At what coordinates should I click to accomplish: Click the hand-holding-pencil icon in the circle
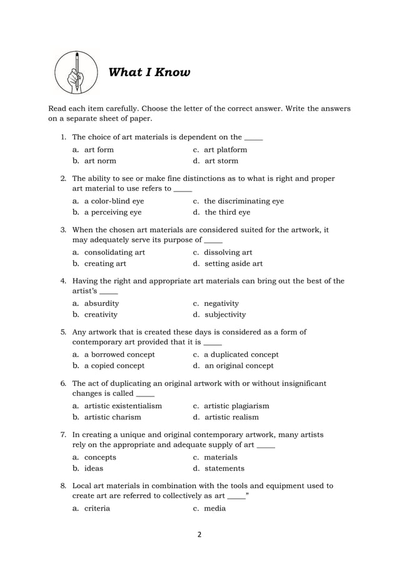pyautogui.click(x=76, y=72)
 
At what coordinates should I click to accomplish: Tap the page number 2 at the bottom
pyautogui.click(x=199, y=534)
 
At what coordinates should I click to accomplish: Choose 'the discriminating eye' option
pyautogui.click(x=243, y=201)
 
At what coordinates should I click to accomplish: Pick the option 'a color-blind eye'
pyautogui.click(x=114, y=201)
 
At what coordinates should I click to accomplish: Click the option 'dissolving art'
pyautogui.click(x=228, y=252)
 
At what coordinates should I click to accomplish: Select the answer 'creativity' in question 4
pyautogui.click(x=101, y=315)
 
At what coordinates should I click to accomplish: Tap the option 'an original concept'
pyautogui.click(x=238, y=366)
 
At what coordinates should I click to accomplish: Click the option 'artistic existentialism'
pyautogui.click(x=123, y=406)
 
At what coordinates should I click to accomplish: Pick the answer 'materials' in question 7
pyautogui.click(x=220, y=457)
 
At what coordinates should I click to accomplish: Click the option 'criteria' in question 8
pyautogui.click(x=97, y=508)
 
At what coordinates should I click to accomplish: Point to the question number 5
pyautogui.click(x=63, y=332)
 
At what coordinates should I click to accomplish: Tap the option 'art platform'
pyautogui.click(x=225, y=150)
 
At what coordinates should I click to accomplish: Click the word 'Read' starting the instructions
pyautogui.click(x=58, y=108)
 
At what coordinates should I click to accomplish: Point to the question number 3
pyautogui.click(x=63, y=230)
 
